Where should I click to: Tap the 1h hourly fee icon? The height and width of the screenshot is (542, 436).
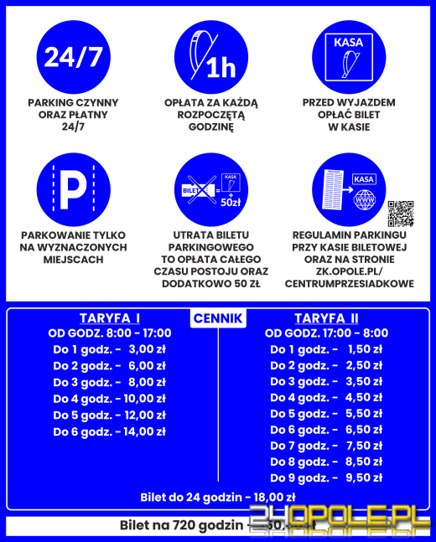[211, 57]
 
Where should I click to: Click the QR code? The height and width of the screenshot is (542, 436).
[401, 213]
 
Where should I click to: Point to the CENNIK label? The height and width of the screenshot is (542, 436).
[218, 318]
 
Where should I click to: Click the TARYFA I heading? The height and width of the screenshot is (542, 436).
[109, 318]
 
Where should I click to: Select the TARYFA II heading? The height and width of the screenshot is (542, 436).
[326, 318]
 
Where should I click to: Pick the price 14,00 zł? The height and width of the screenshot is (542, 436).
[145, 431]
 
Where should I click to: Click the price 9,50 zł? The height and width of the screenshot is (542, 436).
[364, 477]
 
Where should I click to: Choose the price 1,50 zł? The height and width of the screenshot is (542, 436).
[364, 349]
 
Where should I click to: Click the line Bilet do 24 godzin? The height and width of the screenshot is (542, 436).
[217, 498]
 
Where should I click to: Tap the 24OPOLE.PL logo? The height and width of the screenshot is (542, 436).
[351, 520]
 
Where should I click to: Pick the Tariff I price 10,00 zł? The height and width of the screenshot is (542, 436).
[145, 398]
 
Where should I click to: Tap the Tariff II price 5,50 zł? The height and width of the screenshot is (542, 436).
[364, 414]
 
